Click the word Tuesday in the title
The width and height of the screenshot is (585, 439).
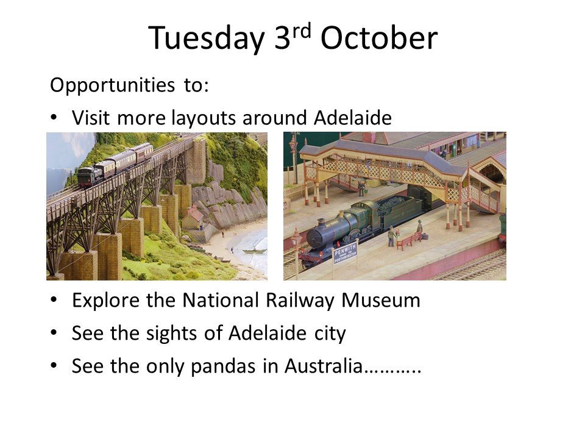[207, 38]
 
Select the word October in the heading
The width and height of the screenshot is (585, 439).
[379, 38]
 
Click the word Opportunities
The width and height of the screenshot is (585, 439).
[112, 85]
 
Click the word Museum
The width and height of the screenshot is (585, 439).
[381, 300]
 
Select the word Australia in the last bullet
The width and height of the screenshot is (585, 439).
[324, 366]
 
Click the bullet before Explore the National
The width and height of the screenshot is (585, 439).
[54, 300]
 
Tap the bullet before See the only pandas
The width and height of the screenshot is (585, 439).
[54, 366]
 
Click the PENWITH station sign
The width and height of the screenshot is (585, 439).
[346, 252]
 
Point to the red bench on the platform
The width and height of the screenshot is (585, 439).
[409, 241]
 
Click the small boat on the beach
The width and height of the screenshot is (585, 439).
[254, 251]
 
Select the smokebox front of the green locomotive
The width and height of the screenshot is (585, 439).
[316, 238]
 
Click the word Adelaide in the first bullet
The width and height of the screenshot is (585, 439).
[353, 118]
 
